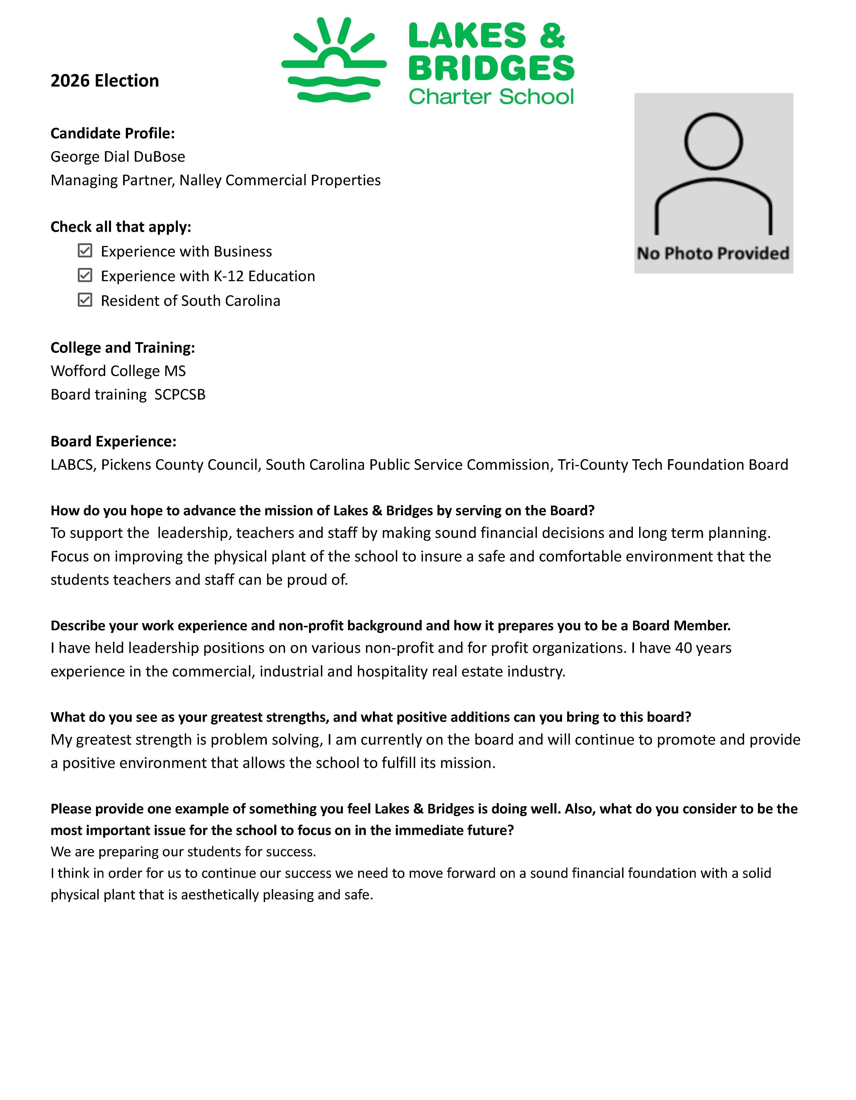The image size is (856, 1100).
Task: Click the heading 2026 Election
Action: (x=105, y=80)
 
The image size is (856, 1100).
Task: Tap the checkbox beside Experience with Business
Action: (x=85, y=251)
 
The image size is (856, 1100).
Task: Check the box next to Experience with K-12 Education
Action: (x=85, y=276)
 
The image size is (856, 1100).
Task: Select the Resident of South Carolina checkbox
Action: (x=85, y=300)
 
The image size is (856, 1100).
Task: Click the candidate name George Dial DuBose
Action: (x=118, y=157)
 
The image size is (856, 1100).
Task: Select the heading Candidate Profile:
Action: (x=112, y=133)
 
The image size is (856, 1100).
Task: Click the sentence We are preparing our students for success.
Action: (x=183, y=852)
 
